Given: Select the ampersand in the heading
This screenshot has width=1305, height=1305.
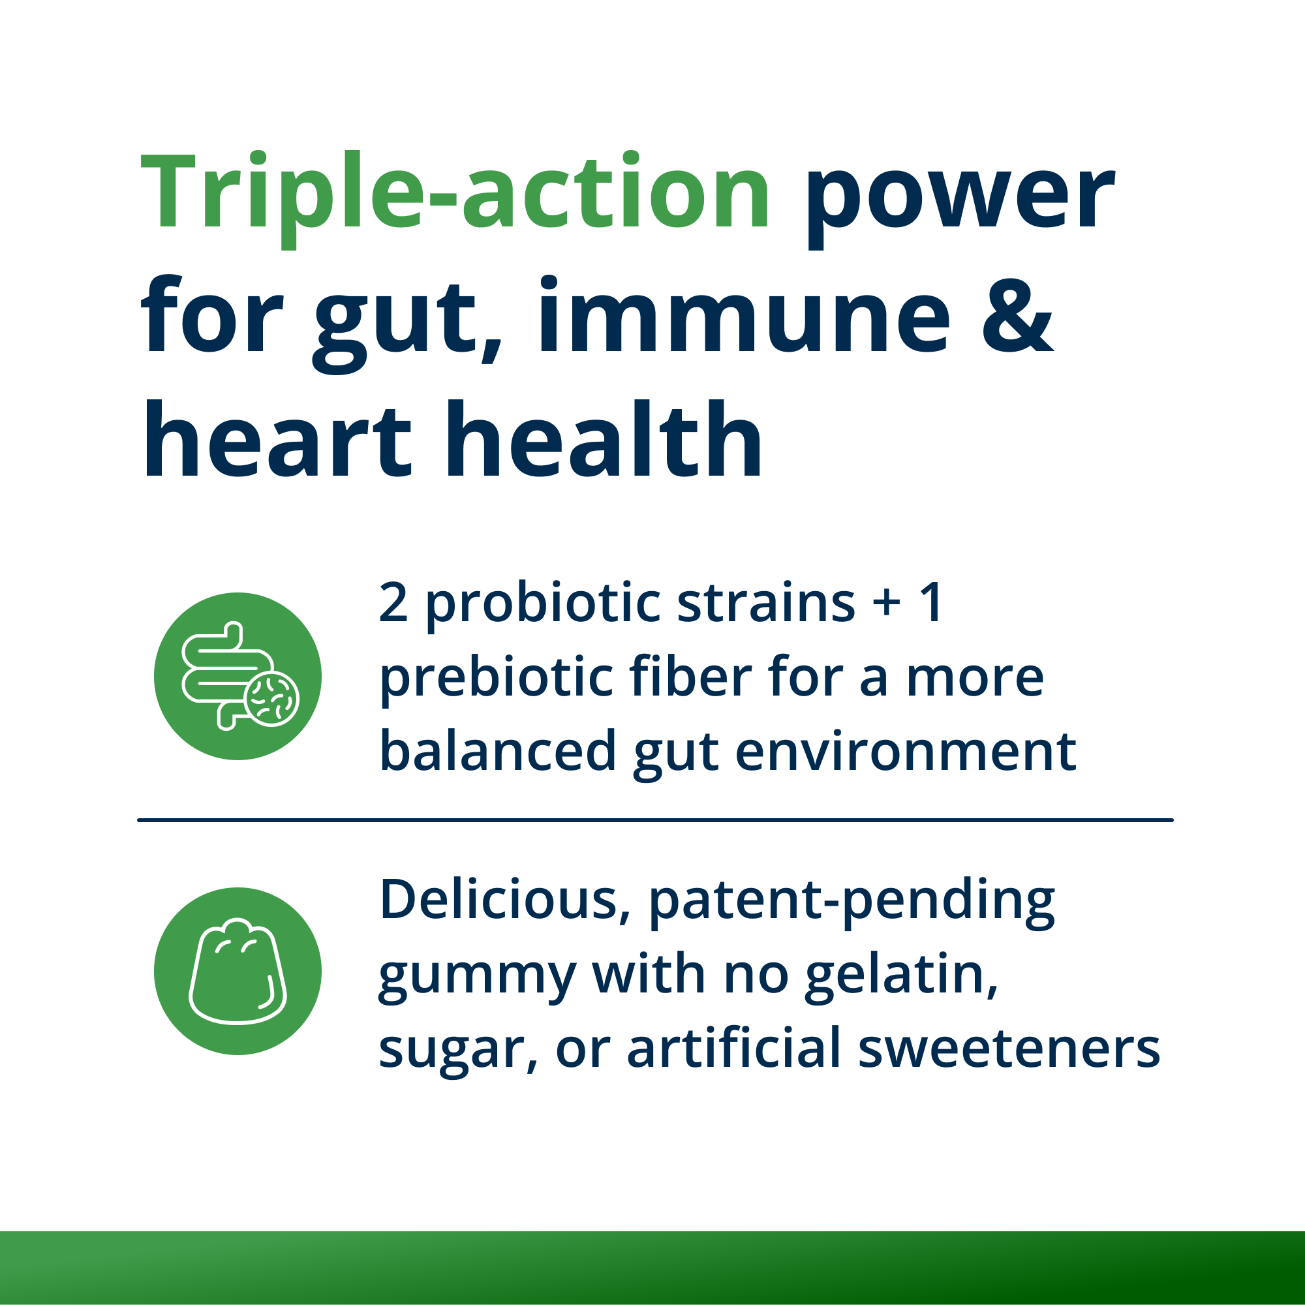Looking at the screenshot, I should [1017, 316].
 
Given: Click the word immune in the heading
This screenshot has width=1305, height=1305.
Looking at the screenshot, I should [743, 316].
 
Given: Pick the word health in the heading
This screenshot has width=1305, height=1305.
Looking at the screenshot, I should [603, 439].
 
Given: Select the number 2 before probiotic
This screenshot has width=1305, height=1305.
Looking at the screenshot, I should [393, 602].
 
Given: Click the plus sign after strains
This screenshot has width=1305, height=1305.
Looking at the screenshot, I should [886, 603].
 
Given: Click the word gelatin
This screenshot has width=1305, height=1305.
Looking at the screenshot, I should [900, 976].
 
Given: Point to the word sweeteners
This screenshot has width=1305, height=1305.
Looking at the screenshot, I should [1009, 1049].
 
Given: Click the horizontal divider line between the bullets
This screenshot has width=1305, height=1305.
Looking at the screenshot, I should [655, 820].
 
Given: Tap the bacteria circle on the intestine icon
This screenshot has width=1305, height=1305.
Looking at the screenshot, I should [271, 698].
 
